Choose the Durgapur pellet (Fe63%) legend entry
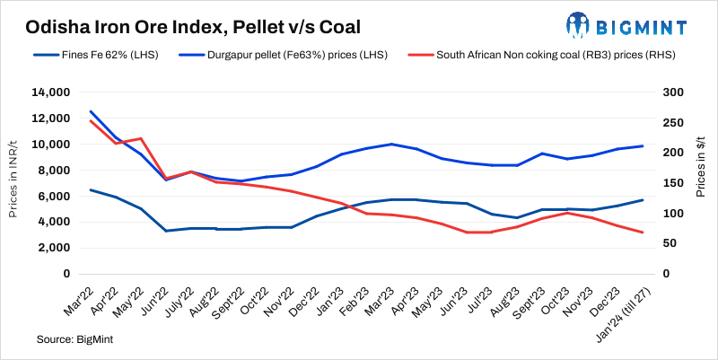pyautogui.click(x=284, y=55)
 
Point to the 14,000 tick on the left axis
pyautogui.click(x=50, y=92)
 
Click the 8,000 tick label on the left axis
pyautogui.click(x=54, y=171)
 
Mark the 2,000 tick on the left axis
pyautogui.click(x=54, y=248)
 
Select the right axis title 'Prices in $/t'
pyautogui.click(x=704, y=183)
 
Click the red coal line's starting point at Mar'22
pyautogui.click(x=91, y=120)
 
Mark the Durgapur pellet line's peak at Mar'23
pyautogui.click(x=391, y=144)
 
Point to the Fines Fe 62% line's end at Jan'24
pyautogui.click(x=642, y=200)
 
